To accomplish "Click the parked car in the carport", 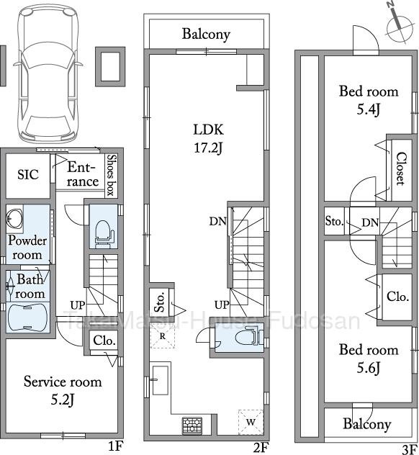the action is point(48,73).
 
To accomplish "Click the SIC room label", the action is point(28,175).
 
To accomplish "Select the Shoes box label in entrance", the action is point(111,175).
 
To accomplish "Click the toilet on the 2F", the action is point(248,336).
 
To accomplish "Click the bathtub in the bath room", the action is point(27,317).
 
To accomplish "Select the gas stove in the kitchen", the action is point(192,425).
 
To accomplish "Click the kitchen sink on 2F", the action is point(160,380).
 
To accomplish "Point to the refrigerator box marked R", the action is point(163,335).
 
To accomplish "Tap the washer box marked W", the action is point(251,422).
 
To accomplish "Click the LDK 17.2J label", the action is point(208,139).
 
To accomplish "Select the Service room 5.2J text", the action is point(63,390).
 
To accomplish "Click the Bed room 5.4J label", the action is point(369,100).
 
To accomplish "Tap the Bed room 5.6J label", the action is point(369,359).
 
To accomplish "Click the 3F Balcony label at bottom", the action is point(366,424).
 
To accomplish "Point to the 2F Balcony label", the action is point(206,35).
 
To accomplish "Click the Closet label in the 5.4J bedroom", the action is point(401,168).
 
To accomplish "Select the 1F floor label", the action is point(116,446).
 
